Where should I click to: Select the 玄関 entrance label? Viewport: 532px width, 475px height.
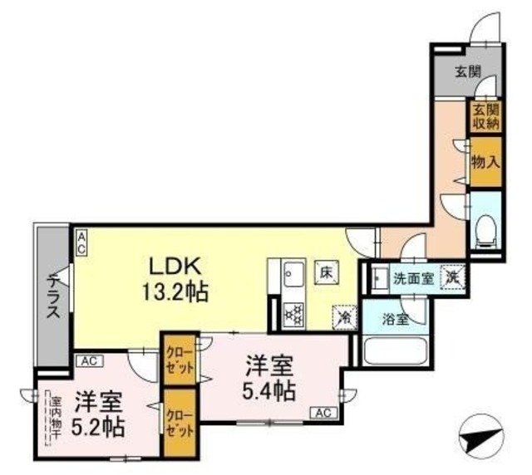click(468, 71)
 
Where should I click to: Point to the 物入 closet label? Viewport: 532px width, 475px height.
click(485, 161)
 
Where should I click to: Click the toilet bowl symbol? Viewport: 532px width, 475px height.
click(485, 228)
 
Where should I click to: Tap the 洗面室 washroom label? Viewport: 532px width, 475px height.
click(412, 278)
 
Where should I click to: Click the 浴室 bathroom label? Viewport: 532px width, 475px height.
click(395, 319)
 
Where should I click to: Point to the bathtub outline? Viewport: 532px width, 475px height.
click(397, 350)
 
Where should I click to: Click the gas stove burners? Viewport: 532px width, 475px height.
click(293, 314)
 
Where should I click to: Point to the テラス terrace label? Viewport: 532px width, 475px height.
click(52, 296)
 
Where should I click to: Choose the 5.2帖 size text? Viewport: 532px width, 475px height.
click(97, 427)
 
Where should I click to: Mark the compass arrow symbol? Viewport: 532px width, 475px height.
click(482, 434)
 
